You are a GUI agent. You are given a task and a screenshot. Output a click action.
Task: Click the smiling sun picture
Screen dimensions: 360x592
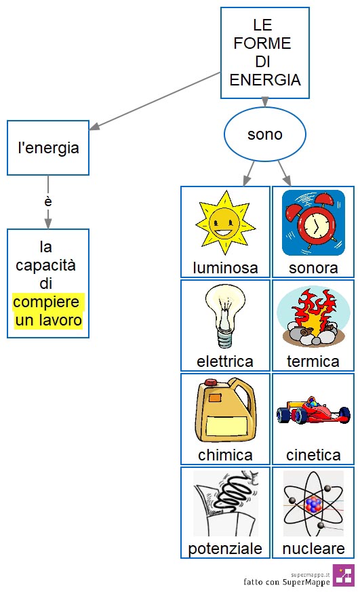[x=225, y=222]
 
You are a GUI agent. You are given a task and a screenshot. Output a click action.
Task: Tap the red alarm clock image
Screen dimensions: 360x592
[x=313, y=222]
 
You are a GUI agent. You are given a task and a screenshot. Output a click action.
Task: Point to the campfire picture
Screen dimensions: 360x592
[x=313, y=317]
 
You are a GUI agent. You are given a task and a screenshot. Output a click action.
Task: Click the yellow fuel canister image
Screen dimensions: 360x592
[x=225, y=410]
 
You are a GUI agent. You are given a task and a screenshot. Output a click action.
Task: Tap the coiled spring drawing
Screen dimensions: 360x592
[x=226, y=503]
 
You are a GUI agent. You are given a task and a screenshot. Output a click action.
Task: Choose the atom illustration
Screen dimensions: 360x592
[x=313, y=503]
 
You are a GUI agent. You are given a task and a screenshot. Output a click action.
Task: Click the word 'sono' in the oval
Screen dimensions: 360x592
[x=265, y=134]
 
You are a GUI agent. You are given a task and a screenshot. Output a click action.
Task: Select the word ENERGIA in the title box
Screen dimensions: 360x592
[x=265, y=80]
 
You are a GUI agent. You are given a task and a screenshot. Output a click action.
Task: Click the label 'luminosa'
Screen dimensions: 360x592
[x=225, y=268]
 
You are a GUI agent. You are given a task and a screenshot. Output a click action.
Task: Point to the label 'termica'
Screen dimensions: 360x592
[x=313, y=361]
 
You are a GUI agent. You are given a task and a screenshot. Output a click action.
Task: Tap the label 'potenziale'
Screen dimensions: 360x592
[x=225, y=549]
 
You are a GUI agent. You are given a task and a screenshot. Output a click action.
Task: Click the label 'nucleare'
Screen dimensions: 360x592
[x=314, y=549]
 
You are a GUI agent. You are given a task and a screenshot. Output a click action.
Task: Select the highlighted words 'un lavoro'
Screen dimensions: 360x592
[x=48, y=320]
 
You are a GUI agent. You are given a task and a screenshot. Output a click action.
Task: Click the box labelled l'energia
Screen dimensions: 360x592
[x=48, y=148]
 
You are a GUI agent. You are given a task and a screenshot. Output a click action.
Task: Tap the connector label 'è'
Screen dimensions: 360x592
[x=48, y=201]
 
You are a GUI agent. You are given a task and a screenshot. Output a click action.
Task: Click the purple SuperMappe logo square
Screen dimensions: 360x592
[x=344, y=575]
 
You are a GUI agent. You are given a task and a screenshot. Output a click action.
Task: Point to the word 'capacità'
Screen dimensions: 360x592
[x=45, y=265]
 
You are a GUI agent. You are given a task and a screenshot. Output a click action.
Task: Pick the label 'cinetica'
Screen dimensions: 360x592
[x=313, y=455]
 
